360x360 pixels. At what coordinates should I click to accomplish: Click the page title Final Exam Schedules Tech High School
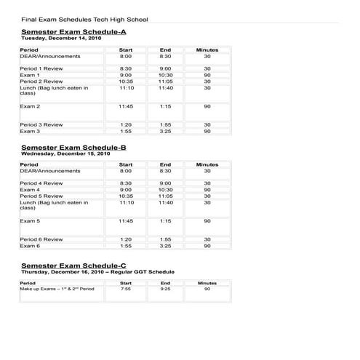[x=84, y=19]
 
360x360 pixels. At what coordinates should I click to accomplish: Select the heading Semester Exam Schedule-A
[x=73, y=33]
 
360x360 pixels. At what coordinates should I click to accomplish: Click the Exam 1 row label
[x=30, y=75]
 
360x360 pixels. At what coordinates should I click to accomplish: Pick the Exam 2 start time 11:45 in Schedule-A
[x=126, y=106]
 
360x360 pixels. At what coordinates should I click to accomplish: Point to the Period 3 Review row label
[x=41, y=124]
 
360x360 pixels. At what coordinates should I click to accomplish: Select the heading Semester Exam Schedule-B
[x=73, y=148]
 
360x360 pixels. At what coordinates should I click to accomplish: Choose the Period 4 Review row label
[x=41, y=183]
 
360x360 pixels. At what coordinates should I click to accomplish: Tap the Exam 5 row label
[x=30, y=220]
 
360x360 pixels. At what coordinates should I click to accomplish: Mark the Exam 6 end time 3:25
[x=165, y=246]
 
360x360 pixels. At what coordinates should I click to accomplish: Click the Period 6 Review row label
[x=41, y=239]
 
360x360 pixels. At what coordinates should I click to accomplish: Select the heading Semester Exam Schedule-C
[x=73, y=265]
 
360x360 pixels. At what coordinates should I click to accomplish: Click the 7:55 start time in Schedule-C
[x=126, y=289]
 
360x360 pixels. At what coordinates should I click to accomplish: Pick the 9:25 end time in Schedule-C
[x=165, y=289]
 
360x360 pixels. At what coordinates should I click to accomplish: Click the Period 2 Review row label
[x=41, y=81]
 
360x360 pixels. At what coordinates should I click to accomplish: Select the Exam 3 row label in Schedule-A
[x=30, y=131]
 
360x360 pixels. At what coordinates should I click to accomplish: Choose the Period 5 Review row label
[x=41, y=196]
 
